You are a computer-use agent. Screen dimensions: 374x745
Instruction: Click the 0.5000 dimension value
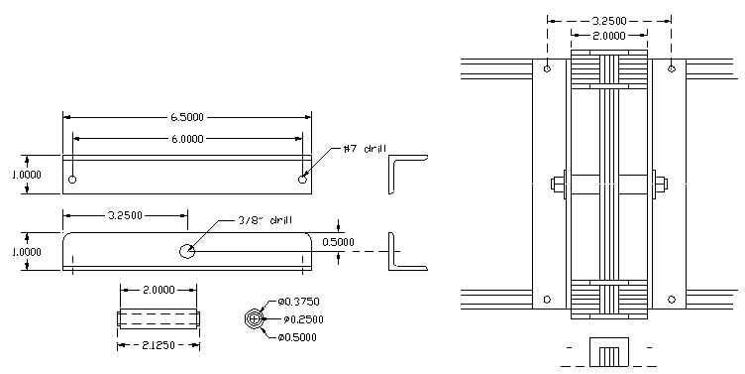pyautogui.click(x=367, y=242)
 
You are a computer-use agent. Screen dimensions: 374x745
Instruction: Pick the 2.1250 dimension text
pyautogui.click(x=160, y=345)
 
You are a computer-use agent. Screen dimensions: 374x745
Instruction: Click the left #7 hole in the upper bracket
pyautogui.click(x=72, y=181)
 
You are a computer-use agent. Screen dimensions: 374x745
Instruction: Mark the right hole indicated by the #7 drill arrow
pyautogui.click(x=302, y=180)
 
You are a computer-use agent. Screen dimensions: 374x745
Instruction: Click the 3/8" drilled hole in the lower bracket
pyautogui.click(x=187, y=250)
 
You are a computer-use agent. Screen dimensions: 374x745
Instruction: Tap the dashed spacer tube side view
pyautogui.click(x=160, y=318)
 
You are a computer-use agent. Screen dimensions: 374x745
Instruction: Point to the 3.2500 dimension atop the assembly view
pyautogui.click(x=608, y=20)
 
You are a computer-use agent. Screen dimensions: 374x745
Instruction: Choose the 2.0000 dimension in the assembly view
pyautogui.click(x=608, y=35)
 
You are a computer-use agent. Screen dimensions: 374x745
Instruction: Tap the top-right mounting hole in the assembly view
pyautogui.click(x=672, y=68)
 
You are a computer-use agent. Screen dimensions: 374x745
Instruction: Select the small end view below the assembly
pyautogui.click(x=608, y=353)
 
